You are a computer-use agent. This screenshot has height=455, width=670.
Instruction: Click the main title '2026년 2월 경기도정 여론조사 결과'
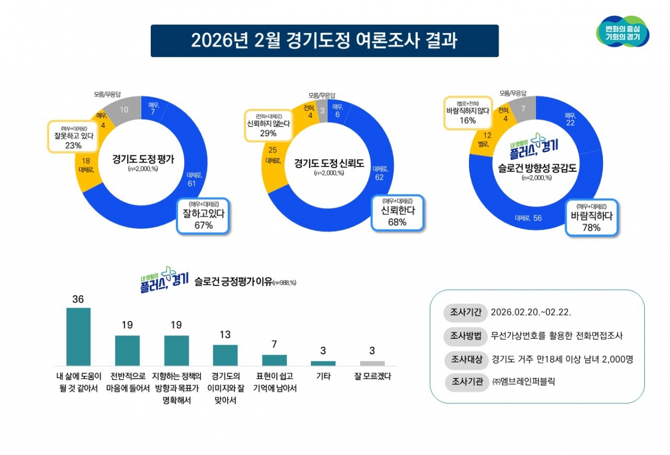[324, 41]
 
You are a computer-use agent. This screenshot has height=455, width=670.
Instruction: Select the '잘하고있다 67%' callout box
[203, 216]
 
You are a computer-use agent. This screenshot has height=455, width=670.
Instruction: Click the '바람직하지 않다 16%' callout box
[468, 113]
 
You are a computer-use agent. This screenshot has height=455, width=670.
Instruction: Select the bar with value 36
[78, 337]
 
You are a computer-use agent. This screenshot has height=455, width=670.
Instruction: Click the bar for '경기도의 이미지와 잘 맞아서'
[225, 355]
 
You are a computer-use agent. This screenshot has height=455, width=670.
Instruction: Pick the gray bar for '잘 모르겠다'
[372, 363]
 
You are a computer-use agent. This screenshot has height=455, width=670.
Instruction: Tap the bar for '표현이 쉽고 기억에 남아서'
[274, 360]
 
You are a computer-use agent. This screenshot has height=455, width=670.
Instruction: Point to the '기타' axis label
[323, 376]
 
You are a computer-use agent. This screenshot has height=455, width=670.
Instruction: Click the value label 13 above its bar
[225, 335]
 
